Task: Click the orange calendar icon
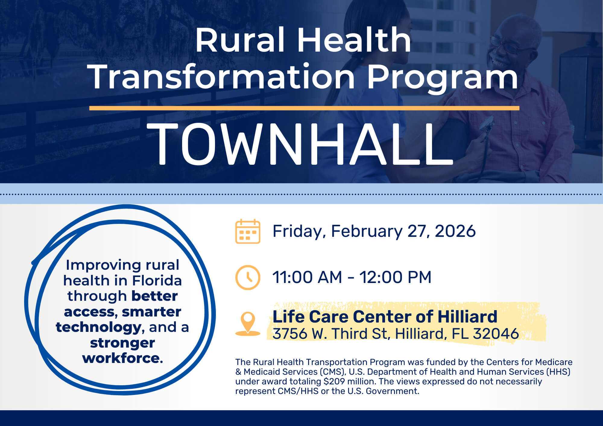[x=248, y=231]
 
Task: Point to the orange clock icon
[x=248, y=277]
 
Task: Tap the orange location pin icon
[x=248, y=323]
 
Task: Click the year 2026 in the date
[x=455, y=231]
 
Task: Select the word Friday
[x=297, y=231]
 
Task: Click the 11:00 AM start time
[x=307, y=277]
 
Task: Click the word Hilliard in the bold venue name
[x=467, y=317]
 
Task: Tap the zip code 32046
[x=496, y=334]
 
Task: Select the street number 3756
[x=290, y=334]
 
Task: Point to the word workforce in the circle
[x=122, y=358]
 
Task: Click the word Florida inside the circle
[x=157, y=281]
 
